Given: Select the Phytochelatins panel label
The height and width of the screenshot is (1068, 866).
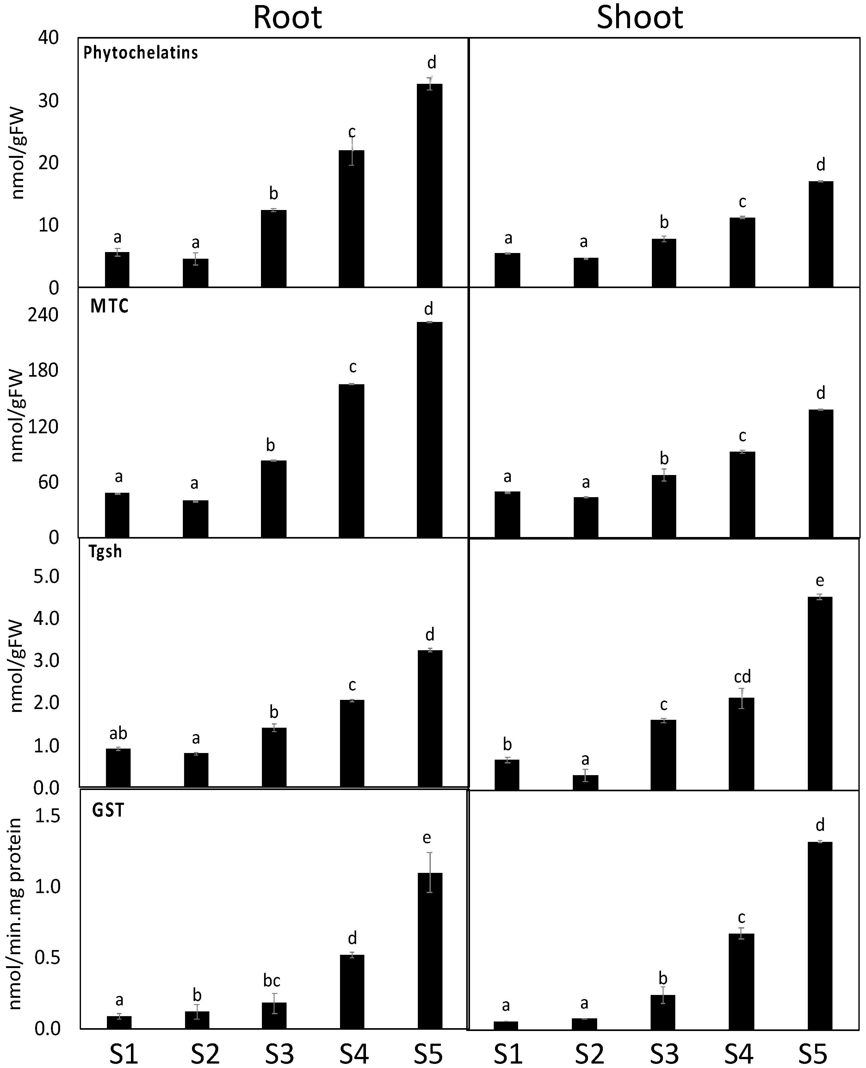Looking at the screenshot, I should tap(141, 52).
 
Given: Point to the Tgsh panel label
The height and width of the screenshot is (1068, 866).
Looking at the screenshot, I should tap(105, 551).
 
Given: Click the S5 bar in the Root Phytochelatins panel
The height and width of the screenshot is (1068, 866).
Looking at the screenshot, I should tap(430, 185).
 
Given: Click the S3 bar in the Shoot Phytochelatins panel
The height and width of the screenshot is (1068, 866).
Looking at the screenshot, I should tap(664, 263).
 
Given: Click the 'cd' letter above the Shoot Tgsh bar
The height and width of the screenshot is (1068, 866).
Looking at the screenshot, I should tap(742, 676).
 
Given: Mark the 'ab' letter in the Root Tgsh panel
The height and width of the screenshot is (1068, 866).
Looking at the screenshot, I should tap(118, 733).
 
